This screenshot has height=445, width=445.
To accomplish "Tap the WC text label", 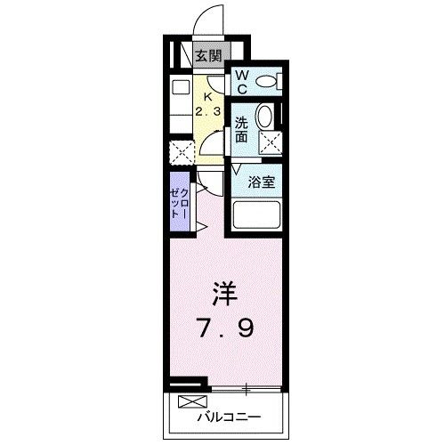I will coord(242,83).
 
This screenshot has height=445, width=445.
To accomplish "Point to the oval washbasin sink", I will coord(264,117).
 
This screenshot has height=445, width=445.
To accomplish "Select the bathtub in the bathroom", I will coord(255,214).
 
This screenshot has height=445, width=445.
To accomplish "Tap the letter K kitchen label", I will coord(209,96).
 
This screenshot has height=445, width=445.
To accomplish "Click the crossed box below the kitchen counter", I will coord(180,152).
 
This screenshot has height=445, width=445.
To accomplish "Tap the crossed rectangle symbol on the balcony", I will coord(190,401).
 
